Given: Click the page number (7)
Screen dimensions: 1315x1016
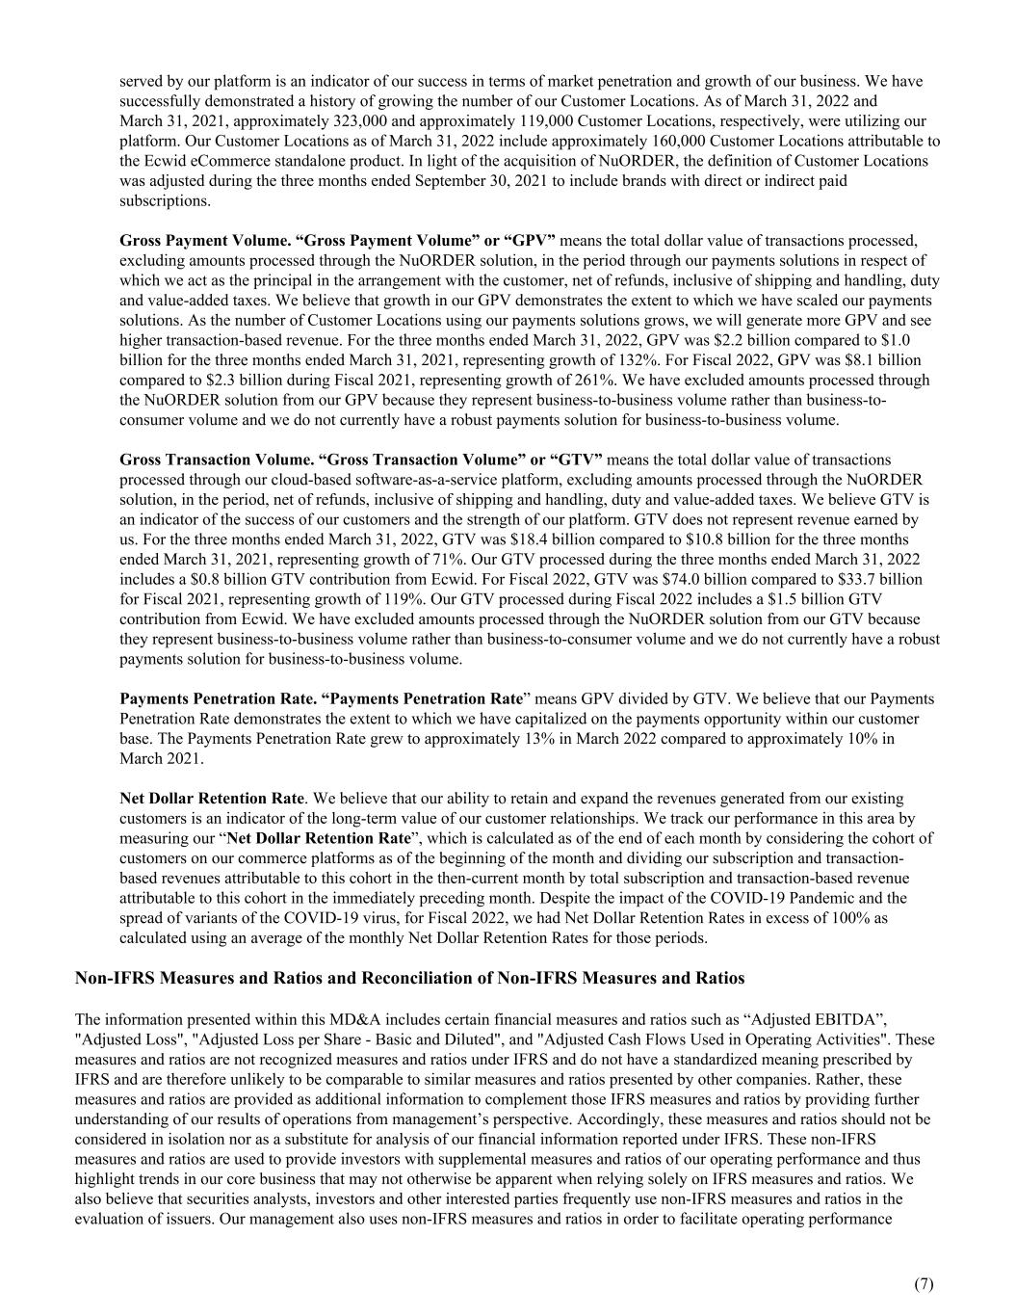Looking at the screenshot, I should [923, 1283].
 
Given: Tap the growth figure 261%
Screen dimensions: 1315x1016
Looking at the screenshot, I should [526, 380].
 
